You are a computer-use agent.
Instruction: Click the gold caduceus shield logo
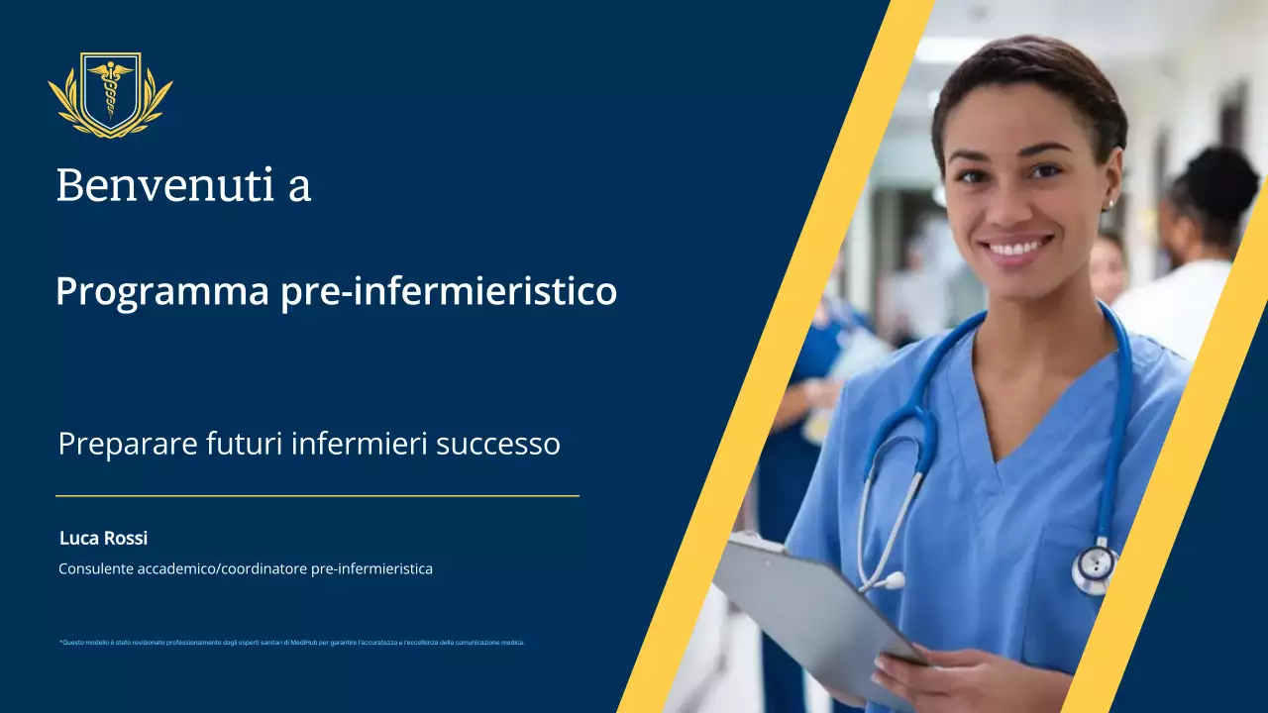pos(110,94)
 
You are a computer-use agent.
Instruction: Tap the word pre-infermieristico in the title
pos(449,292)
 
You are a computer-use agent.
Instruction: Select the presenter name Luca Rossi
pos(103,538)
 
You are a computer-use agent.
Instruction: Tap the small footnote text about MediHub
pos(291,643)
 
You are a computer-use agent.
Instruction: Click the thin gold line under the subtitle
pos(317,495)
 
